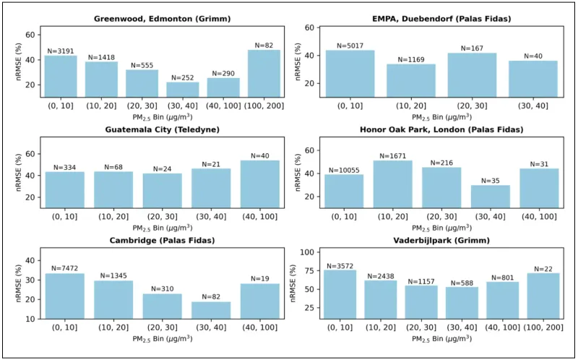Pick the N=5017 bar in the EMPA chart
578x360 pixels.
pos(350,73)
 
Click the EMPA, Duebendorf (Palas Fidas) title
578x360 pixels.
pos(441,18)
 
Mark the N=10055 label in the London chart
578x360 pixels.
pos(344,170)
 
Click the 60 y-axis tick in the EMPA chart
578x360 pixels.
pos(310,27)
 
